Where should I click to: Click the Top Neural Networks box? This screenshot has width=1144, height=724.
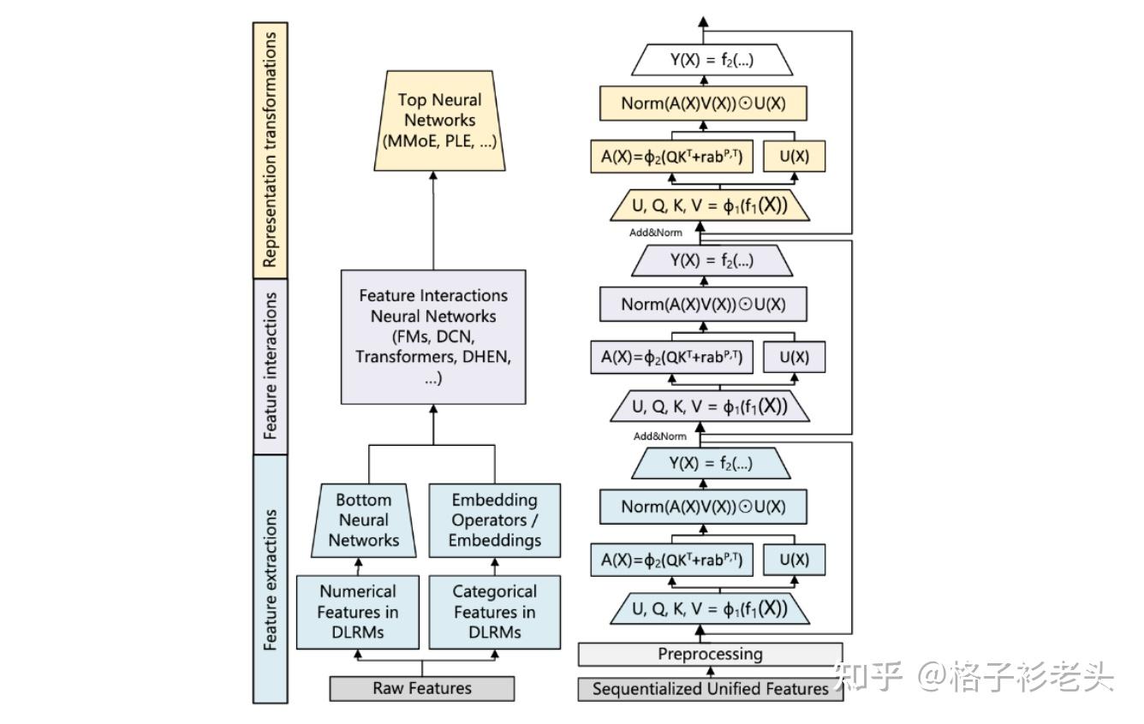pyautogui.click(x=439, y=121)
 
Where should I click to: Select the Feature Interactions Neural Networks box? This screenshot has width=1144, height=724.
pyautogui.click(x=433, y=337)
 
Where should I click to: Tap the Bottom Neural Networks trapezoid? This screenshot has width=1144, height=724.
pyautogui.click(x=364, y=520)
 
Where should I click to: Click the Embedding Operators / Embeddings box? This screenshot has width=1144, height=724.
pyautogui.click(x=494, y=520)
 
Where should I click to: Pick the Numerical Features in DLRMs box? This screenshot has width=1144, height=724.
pyautogui.click(x=358, y=612)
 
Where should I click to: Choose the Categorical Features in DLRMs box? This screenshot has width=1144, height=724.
pyautogui.click(x=494, y=612)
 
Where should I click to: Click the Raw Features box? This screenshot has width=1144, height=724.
pyautogui.click(x=422, y=688)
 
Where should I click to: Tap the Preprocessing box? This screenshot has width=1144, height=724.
pyautogui.click(x=710, y=654)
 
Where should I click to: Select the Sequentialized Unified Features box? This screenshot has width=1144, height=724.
pyautogui.click(x=710, y=689)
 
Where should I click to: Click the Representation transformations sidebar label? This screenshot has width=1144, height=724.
pyautogui.click(x=271, y=150)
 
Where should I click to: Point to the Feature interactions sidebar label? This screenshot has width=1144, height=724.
pyautogui.click(x=271, y=366)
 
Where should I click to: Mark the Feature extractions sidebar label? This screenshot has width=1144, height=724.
pyautogui.click(x=271, y=579)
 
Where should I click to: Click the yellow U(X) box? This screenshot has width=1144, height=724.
pyautogui.click(x=794, y=157)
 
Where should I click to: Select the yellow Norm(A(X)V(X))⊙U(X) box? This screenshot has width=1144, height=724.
pyautogui.click(x=703, y=104)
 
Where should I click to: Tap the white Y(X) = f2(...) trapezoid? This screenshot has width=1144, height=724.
pyautogui.click(x=712, y=60)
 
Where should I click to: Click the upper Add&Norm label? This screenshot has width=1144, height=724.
pyautogui.click(x=656, y=233)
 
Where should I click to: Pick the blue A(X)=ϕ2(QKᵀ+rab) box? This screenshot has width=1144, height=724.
pyautogui.click(x=671, y=560)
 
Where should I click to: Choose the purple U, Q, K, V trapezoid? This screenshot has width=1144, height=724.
pyautogui.click(x=710, y=407)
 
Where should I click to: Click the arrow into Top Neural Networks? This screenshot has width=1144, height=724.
pyautogui.click(x=433, y=221)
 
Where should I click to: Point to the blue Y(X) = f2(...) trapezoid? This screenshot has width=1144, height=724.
pyautogui.click(x=711, y=464)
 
